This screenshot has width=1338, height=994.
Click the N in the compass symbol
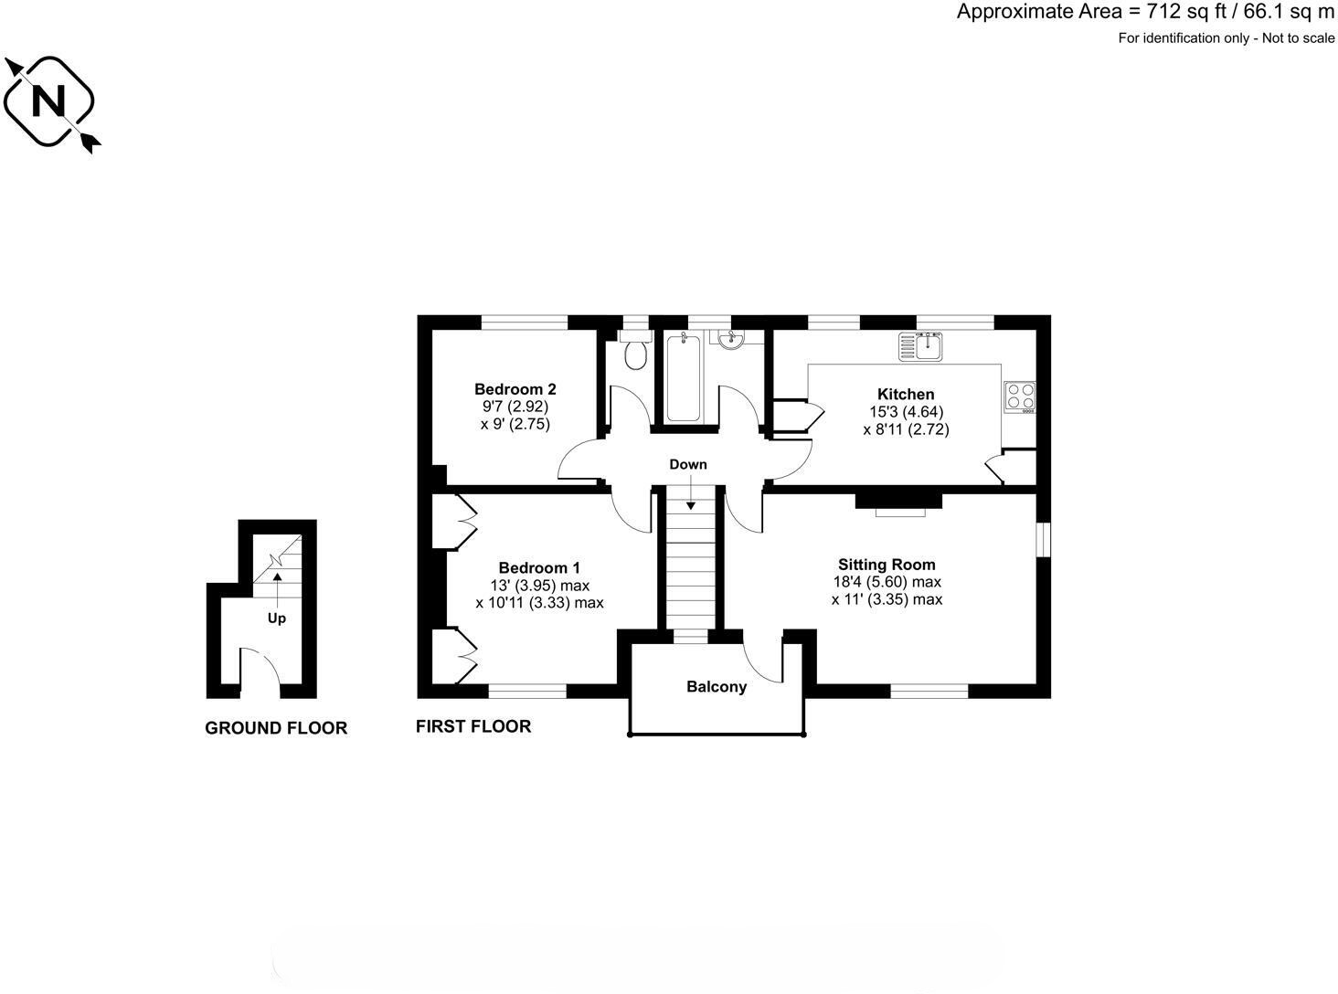coord(48,100)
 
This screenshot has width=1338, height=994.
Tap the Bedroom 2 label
coord(515,389)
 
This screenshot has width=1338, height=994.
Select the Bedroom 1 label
coord(539,567)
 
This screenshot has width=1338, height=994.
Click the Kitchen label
coord(906,395)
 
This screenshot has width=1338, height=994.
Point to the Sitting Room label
coord(887,565)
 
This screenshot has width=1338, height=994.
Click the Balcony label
coord(717,687)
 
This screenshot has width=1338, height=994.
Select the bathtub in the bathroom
coord(683,377)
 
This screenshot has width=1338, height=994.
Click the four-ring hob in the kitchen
coord(1020,395)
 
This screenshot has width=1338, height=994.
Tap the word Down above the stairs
coord(688,464)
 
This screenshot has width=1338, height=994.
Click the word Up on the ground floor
coord(276,619)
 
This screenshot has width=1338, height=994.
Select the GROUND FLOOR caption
coord(276,728)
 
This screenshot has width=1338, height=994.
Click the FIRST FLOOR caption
coord(473,726)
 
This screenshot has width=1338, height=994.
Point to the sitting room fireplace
coord(899,503)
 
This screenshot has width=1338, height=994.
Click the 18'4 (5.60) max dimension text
coord(886,582)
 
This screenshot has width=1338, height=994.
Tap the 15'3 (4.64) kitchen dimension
coord(906,412)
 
